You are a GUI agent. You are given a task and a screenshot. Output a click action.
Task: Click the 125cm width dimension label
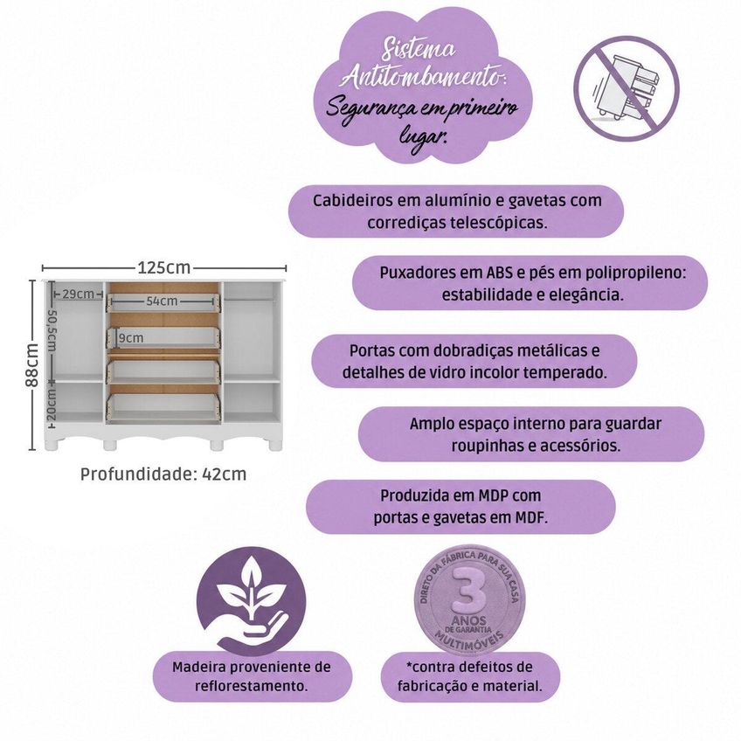[164, 268]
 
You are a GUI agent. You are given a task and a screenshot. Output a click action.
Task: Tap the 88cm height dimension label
[32, 365]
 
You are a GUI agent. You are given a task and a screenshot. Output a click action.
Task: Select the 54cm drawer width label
[162, 301]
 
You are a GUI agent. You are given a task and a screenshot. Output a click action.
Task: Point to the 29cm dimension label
[78, 294]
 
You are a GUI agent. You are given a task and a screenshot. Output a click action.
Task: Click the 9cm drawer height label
[130, 338]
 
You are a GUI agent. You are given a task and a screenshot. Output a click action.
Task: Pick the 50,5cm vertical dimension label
[52, 331]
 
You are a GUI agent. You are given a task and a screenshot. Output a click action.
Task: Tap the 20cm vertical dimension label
[52, 405]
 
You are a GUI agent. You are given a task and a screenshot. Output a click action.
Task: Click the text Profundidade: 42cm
[163, 474]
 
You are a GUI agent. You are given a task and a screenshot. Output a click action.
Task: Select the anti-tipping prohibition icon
[627, 88]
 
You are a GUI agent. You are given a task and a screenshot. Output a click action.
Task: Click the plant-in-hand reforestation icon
[251, 601]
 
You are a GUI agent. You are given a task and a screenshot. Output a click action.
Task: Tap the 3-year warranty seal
[468, 599]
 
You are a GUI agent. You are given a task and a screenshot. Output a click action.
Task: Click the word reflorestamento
[251, 686]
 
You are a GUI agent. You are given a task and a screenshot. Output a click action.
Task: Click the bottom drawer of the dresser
[163, 406]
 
